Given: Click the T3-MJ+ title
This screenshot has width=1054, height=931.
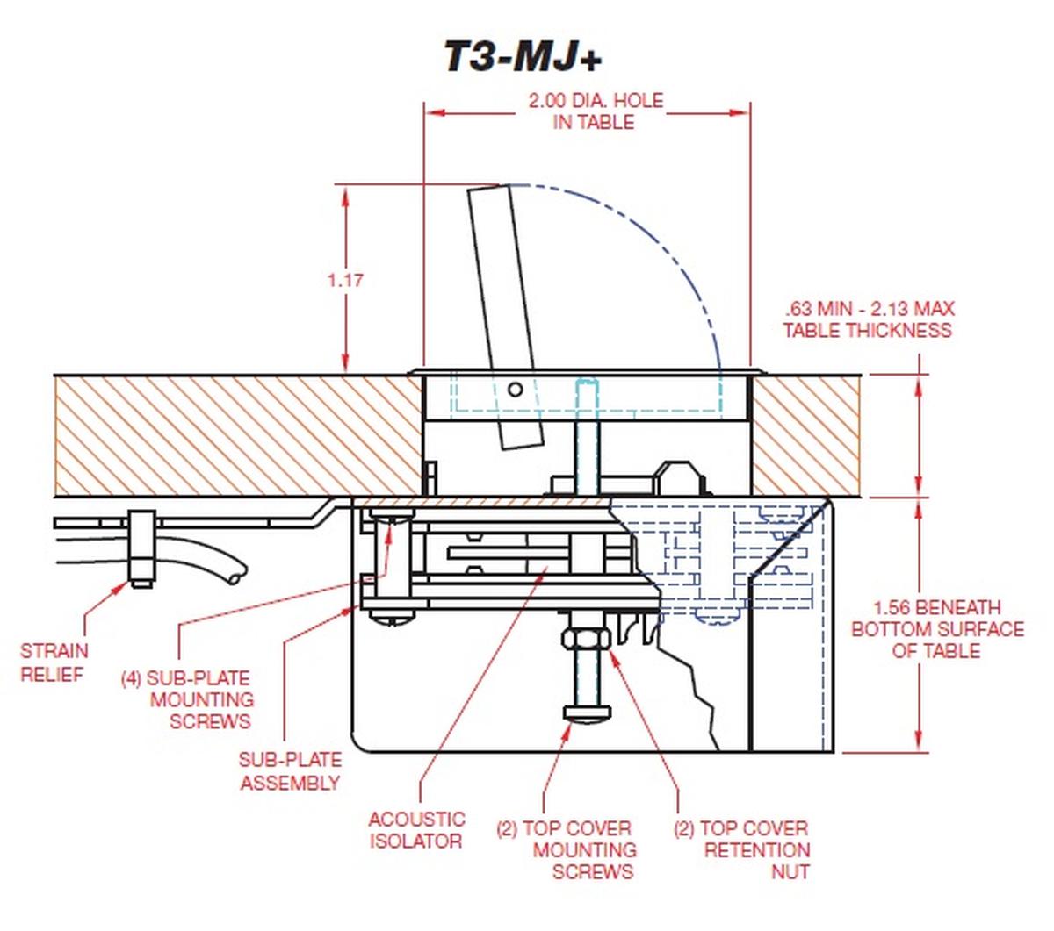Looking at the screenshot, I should click(523, 57).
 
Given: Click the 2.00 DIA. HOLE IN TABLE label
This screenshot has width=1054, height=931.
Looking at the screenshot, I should click(595, 111).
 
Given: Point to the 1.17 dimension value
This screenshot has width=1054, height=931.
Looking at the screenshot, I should click(345, 281).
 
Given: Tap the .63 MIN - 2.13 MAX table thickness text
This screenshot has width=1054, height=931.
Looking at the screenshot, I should click(868, 319).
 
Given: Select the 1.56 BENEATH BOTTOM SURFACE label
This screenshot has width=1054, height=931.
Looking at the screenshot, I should click(937, 629).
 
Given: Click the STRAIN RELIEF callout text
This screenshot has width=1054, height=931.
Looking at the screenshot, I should click(54, 662).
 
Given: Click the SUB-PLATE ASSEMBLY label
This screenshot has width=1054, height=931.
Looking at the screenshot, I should click(290, 771).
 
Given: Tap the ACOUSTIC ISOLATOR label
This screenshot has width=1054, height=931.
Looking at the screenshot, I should click(416, 830).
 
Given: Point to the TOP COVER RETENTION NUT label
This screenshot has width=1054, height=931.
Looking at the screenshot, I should click(743, 849).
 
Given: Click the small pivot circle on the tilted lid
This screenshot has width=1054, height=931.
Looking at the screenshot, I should click(516, 389).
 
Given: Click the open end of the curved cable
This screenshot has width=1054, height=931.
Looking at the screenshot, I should click(235, 577).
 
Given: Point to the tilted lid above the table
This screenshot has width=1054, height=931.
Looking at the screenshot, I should click(503, 290).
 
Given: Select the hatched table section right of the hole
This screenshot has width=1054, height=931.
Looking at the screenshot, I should click(805, 435).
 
